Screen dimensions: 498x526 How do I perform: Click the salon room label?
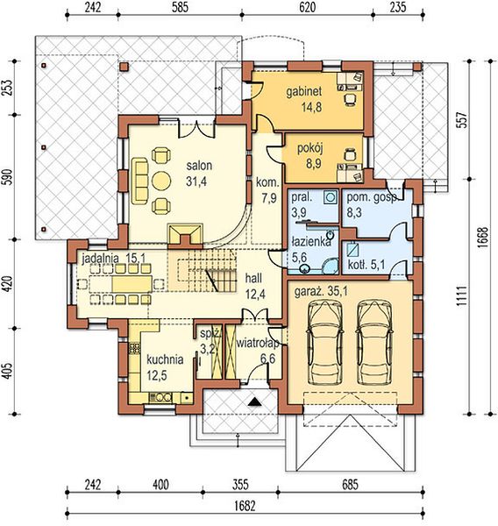(199, 166)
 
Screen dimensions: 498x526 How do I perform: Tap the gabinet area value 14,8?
(311, 107)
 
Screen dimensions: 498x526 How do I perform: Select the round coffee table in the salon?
(161, 181)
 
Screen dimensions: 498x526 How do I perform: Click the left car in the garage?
(325, 342)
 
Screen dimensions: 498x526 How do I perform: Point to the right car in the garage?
(373, 342)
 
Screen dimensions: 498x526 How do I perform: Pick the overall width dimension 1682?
(245, 506)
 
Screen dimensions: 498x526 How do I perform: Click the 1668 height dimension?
(482, 238)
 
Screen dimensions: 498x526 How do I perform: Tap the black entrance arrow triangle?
(255, 402)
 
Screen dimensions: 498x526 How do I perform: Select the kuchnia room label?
(165, 359)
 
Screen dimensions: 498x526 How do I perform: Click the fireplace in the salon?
(185, 235)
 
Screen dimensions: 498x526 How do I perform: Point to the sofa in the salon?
(139, 181)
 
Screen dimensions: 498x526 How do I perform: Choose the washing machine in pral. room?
(331, 197)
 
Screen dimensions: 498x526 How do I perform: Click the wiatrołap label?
(258, 344)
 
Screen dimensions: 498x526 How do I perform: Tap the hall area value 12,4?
(255, 295)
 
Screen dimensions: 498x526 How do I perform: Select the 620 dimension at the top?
(308, 7)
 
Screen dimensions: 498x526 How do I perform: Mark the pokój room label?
(310, 148)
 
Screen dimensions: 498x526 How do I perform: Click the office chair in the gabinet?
(350, 99)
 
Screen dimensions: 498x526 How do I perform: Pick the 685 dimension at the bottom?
(351, 485)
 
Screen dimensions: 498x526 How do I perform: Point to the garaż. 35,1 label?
(321, 292)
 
